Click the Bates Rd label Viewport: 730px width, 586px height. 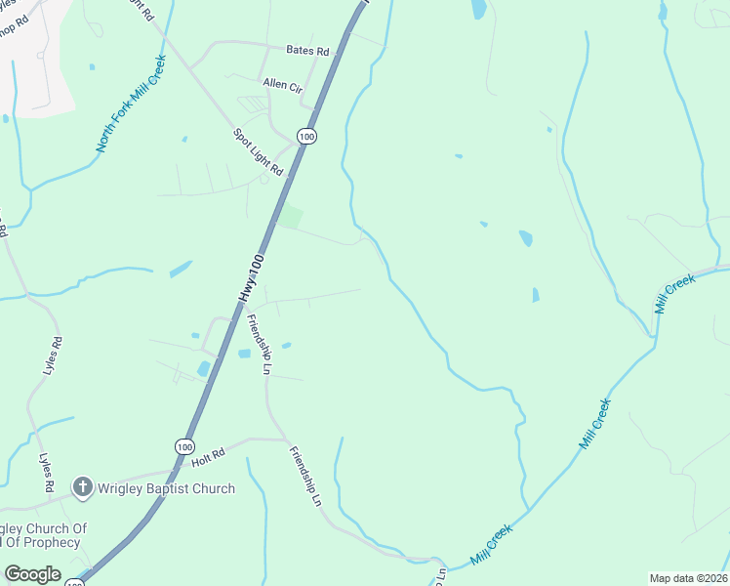click(x=307, y=51)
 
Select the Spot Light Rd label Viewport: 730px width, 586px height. click(x=257, y=152)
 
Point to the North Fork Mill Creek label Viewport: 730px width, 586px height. click(x=132, y=104)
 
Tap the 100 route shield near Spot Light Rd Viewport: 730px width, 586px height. click(x=307, y=138)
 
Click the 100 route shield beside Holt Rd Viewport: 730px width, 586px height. click(x=184, y=446)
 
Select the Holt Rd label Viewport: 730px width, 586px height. click(x=209, y=452)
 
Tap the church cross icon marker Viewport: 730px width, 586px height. click(x=83, y=486)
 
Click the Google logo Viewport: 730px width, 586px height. click(x=32, y=574)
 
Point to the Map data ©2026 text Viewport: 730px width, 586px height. click(x=688, y=578)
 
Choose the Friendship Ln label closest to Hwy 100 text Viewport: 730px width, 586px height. click(x=259, y=345)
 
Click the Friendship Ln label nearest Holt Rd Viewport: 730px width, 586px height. click(x=304, y=476)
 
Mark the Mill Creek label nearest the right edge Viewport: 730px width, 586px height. click(x=675, y=293)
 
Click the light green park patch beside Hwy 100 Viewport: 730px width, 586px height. click(x=290, y=217)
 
